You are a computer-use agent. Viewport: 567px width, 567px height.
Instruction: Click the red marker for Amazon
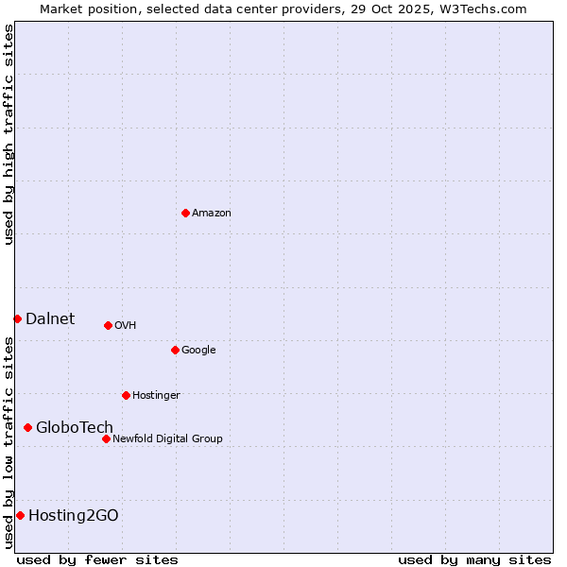click(185, 213)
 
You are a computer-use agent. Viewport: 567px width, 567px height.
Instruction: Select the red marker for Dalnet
click(17, 318)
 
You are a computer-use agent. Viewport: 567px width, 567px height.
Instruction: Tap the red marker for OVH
click(108, 325)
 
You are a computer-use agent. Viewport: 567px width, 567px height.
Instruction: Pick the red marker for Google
click(175, 350)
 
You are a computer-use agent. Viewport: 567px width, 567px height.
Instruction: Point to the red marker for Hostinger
click(126, 395)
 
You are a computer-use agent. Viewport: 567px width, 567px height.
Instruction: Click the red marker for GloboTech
click(27, 427)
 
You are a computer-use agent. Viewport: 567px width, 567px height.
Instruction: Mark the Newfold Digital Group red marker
click(106, 438)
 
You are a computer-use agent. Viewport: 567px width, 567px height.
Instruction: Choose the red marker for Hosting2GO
click(20, 515)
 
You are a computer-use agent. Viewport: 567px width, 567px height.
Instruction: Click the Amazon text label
click(212, 214)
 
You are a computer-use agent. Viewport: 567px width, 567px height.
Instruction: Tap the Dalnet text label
click(50, 318)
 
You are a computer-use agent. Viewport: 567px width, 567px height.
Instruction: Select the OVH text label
click(126, 326)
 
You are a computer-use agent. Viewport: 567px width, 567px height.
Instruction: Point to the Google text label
click(198, 351)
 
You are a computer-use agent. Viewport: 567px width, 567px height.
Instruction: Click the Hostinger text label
click(156, 396)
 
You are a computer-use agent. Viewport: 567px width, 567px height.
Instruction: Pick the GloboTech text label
click(75, 427)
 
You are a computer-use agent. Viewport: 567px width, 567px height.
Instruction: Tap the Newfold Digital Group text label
click(167, 438)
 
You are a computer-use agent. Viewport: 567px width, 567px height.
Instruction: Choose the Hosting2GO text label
click(74, 515)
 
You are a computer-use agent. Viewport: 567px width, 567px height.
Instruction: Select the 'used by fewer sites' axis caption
click(97, 559)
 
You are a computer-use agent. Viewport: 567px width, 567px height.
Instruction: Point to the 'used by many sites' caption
click(474, 559)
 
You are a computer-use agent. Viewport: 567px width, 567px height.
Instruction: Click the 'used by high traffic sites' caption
click(9, 134)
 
